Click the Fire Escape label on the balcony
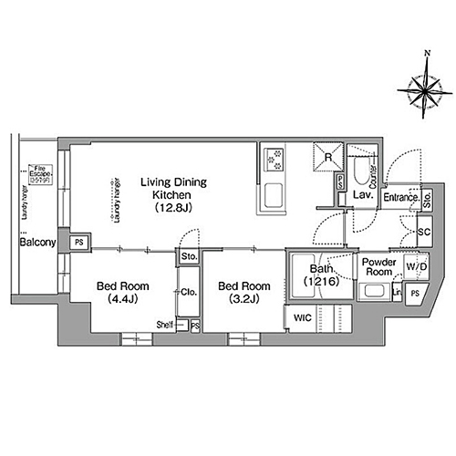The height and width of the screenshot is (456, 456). point(37,174)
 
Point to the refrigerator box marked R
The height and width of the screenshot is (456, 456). point(327,156)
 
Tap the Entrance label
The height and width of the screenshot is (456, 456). point(400,197)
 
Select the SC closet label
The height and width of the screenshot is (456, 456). point(423,233)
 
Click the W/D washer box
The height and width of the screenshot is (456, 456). point(416,267)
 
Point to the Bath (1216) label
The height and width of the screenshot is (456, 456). point(321,276)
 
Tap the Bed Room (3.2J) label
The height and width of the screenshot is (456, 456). point(242,291)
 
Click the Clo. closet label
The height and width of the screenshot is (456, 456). point(190,292)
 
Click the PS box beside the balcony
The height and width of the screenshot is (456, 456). point(79,242)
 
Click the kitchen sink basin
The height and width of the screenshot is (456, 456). point(274,195)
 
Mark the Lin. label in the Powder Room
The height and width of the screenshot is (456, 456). point(397,292)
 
